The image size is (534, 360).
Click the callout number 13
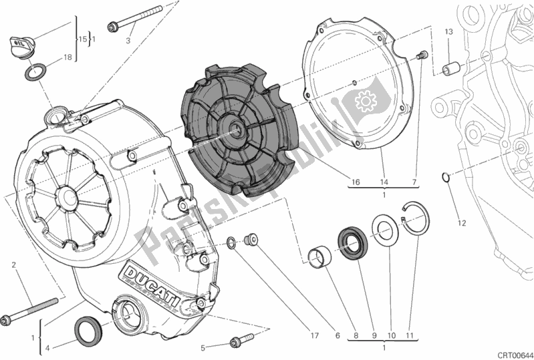(449, 32)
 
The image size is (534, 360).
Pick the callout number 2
(13, 266)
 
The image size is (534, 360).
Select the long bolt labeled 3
(138, 18)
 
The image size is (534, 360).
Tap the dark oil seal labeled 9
(350, 241)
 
